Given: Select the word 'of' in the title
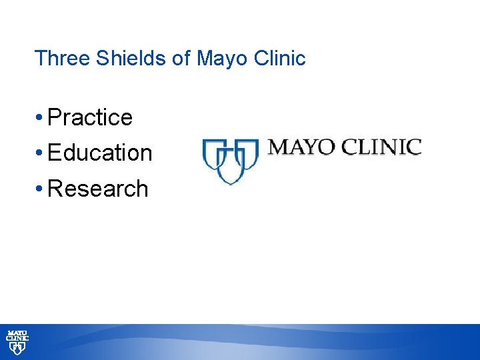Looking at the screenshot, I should (181, 58).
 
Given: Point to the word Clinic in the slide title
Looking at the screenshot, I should (280, 58).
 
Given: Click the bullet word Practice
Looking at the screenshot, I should (91, 117).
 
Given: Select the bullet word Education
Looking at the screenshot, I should (100, 153).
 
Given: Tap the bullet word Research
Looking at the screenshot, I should (98, 189).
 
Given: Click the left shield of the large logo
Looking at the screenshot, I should (213, 155).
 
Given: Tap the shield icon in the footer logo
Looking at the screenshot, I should (17, 348).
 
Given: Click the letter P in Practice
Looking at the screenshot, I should (55, 117).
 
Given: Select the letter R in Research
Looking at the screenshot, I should (55, 189).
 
